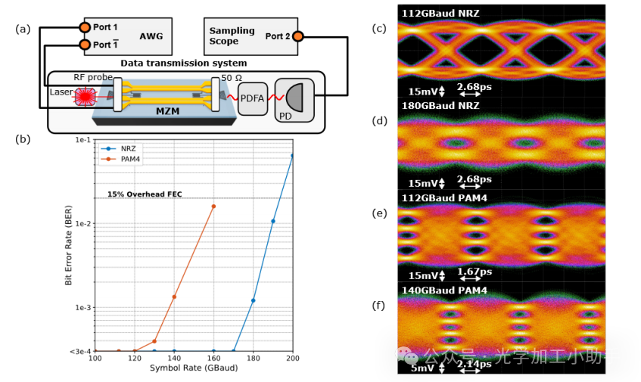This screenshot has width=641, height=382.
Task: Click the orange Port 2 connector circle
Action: coord(298,36)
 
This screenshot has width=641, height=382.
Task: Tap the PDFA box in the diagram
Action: coord(253,98)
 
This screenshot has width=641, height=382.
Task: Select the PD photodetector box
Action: coord(294,98)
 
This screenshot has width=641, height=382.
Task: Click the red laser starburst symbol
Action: coord(84,95)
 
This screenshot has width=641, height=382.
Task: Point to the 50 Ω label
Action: coord(232,78)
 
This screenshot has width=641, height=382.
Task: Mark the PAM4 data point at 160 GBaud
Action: coord(213,206)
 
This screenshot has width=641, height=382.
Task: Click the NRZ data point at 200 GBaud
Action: coord(293,156)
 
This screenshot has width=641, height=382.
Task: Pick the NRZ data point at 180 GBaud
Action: coord(254,300)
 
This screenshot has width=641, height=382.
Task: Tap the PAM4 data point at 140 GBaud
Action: coord(174,297)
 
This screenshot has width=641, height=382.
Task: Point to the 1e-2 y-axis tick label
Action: coord(81,224)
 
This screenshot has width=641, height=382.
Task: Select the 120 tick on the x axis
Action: coord(134,358)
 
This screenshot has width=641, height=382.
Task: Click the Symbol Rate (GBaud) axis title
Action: coord(194,368)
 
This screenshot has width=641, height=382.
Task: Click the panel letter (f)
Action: coord(380,306)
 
